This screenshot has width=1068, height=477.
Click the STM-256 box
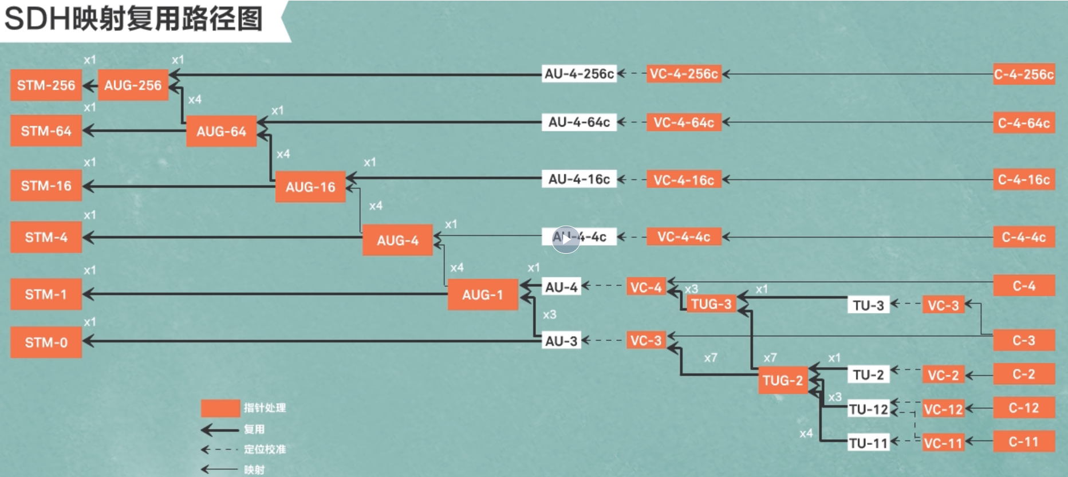[x=46, y=85]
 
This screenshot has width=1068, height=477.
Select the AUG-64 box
[x=221, y=131]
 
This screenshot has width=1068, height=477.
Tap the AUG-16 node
[x=310, y=187]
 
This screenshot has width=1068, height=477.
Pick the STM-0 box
[x=46, y=342]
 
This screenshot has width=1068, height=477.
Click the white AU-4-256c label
[x=579, y=74]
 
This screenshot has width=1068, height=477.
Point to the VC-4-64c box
[x=684, y=122]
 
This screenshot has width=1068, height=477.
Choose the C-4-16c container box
[x=1024, y=180]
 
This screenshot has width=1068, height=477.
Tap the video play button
[x=566, y=239]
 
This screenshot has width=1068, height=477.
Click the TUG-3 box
[x=711, y=304]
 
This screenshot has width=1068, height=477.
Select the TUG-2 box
[x=783, y=380]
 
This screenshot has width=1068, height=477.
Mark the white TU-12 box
[x=868, y=409]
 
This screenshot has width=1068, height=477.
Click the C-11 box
[x=1024, y=442]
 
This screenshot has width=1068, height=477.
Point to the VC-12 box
[x=943, y=409]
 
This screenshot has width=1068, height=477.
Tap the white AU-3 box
[x=561, y=341]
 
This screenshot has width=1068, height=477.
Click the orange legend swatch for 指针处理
[x=220, y=408]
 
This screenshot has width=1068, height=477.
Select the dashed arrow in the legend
[x=219, y=450]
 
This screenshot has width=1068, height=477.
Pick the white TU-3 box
[x=868, y=305]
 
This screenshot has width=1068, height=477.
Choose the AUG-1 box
[x=483, y=295]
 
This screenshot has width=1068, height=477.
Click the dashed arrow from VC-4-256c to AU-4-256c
[x=632, y=74]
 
